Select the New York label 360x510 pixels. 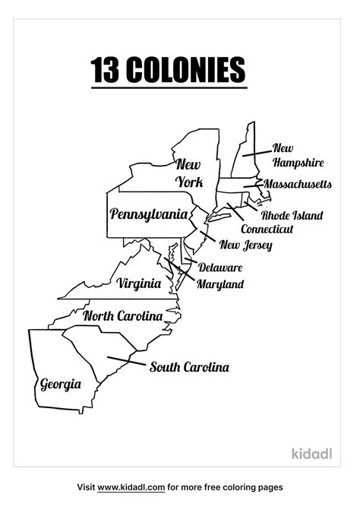(189, 173)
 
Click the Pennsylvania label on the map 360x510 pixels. (149, 214)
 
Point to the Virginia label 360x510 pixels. (139, 284)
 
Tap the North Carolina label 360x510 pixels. (123, 315)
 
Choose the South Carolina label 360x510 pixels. (189, 367)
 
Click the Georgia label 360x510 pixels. (60, 384)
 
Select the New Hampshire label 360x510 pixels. (298, 155)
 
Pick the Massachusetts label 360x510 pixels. (298, 184)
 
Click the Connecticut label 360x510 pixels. (267, 229)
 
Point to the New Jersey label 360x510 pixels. (245, 245)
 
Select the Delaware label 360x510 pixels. (220, 268)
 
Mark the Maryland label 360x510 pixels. (219, 284)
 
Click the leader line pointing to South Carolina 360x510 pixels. (125, 360)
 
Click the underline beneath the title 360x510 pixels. (169, 88)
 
